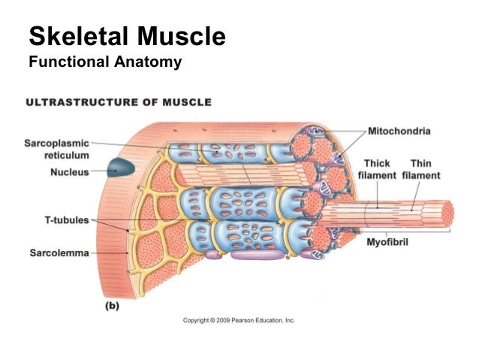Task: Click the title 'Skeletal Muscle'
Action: pos(126,36)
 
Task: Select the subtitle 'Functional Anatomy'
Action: pos(104,62)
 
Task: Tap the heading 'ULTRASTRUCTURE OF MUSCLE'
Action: pos(119,102)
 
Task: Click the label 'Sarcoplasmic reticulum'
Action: pos(56,149)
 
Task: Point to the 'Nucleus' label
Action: pos(69,172)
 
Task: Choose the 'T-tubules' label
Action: pos(63,220)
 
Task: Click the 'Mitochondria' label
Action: pos(399,132)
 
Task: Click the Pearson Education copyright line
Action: pos(239,320)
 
